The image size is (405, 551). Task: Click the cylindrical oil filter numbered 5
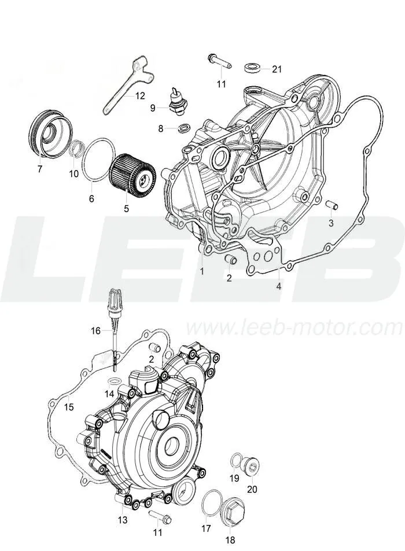tap(132, 174)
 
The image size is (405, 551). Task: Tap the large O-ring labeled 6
tap(98, 161)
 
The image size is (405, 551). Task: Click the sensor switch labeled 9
tap(177, 101)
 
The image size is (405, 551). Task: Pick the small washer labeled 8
tap(183, 128)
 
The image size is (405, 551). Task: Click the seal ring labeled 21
tap(252, 67)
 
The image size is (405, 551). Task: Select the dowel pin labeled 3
tap(332, 204)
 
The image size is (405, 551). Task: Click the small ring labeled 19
tap(236, 460)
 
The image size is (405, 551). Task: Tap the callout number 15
tap(69, 407)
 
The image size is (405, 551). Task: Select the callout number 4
tap(278, 286)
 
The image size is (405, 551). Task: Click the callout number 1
tap(202, 271)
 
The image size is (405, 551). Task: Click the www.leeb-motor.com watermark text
tap(294, 328)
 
